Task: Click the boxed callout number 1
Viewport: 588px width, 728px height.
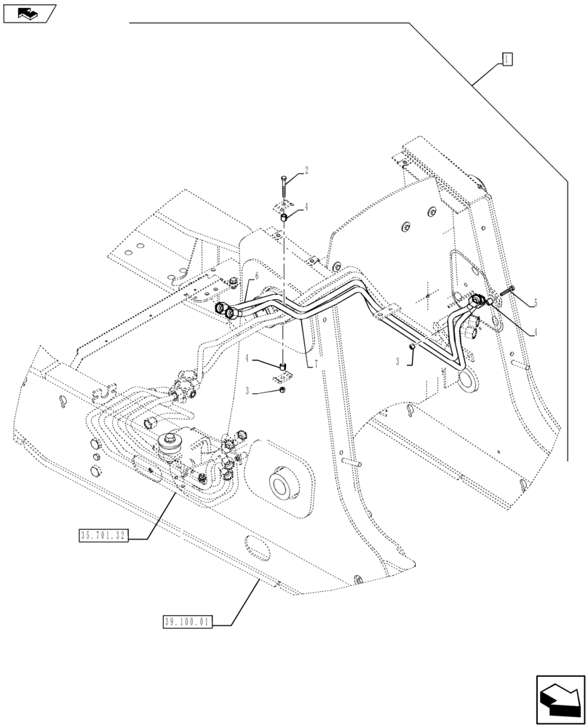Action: (x=507, y=60)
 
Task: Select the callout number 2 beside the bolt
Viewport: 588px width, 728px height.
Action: (x=306, y=171)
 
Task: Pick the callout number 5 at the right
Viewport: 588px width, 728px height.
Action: (x=535, y=302)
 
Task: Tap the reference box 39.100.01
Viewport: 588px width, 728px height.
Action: (x=185, y=622)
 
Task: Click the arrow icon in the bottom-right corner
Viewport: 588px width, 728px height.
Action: (x=560, y=700)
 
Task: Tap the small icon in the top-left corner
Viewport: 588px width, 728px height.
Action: (x=28, y=12)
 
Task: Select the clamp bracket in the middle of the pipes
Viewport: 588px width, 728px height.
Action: (x=384, y=315)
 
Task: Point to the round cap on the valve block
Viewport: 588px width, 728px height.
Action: (x=173, y=442)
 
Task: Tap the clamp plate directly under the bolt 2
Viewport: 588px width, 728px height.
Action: (x=284, y=205)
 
